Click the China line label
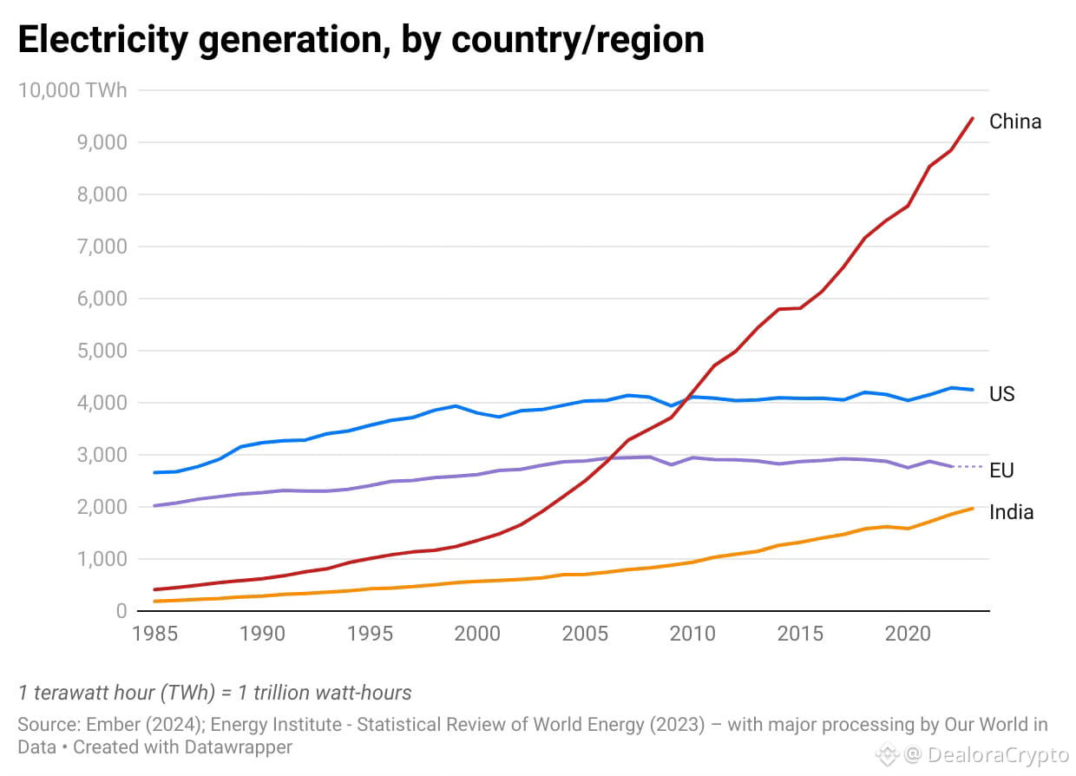pyautogui.click(x=1014, y=122)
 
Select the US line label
pyautogui.click(x=1001, y=394)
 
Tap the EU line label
pyautogui.click(x=1001, y=470)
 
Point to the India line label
pyautogui.click(x=1011, y=512)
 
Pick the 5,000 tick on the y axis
pyautogui.click(x=103, y=351)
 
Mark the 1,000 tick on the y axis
pyautogui.click(x=103, y=559)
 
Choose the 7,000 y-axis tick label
pyautogui.click(x=103, y=247)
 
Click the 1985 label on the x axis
pyautogui.click(x=154, y=634)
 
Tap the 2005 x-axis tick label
pyautogui.click(x=585, y=634)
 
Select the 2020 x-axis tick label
pyautogui.click(x=908, y=634)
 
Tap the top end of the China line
pyautogui.click(x=972, y=118)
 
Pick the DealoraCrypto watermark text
pyautogui.click(x=999, y=755)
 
